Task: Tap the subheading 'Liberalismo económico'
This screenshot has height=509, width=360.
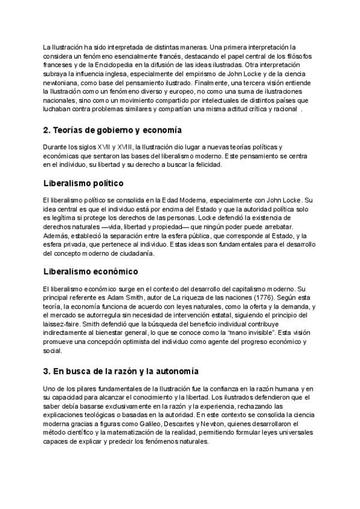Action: point(91,271)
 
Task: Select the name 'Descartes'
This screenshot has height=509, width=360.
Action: point(199,423)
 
